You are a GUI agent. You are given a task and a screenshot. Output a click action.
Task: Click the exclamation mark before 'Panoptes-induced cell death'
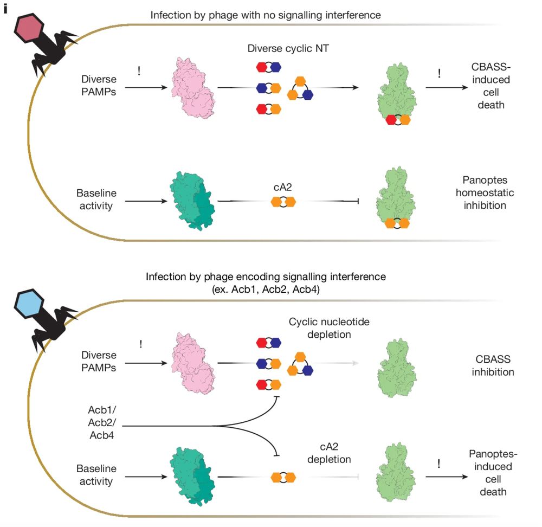point(438,464)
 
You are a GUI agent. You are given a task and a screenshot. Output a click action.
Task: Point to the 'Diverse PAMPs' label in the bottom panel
point(99,362)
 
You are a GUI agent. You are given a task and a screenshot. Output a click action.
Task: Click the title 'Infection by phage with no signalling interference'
point(266,15)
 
